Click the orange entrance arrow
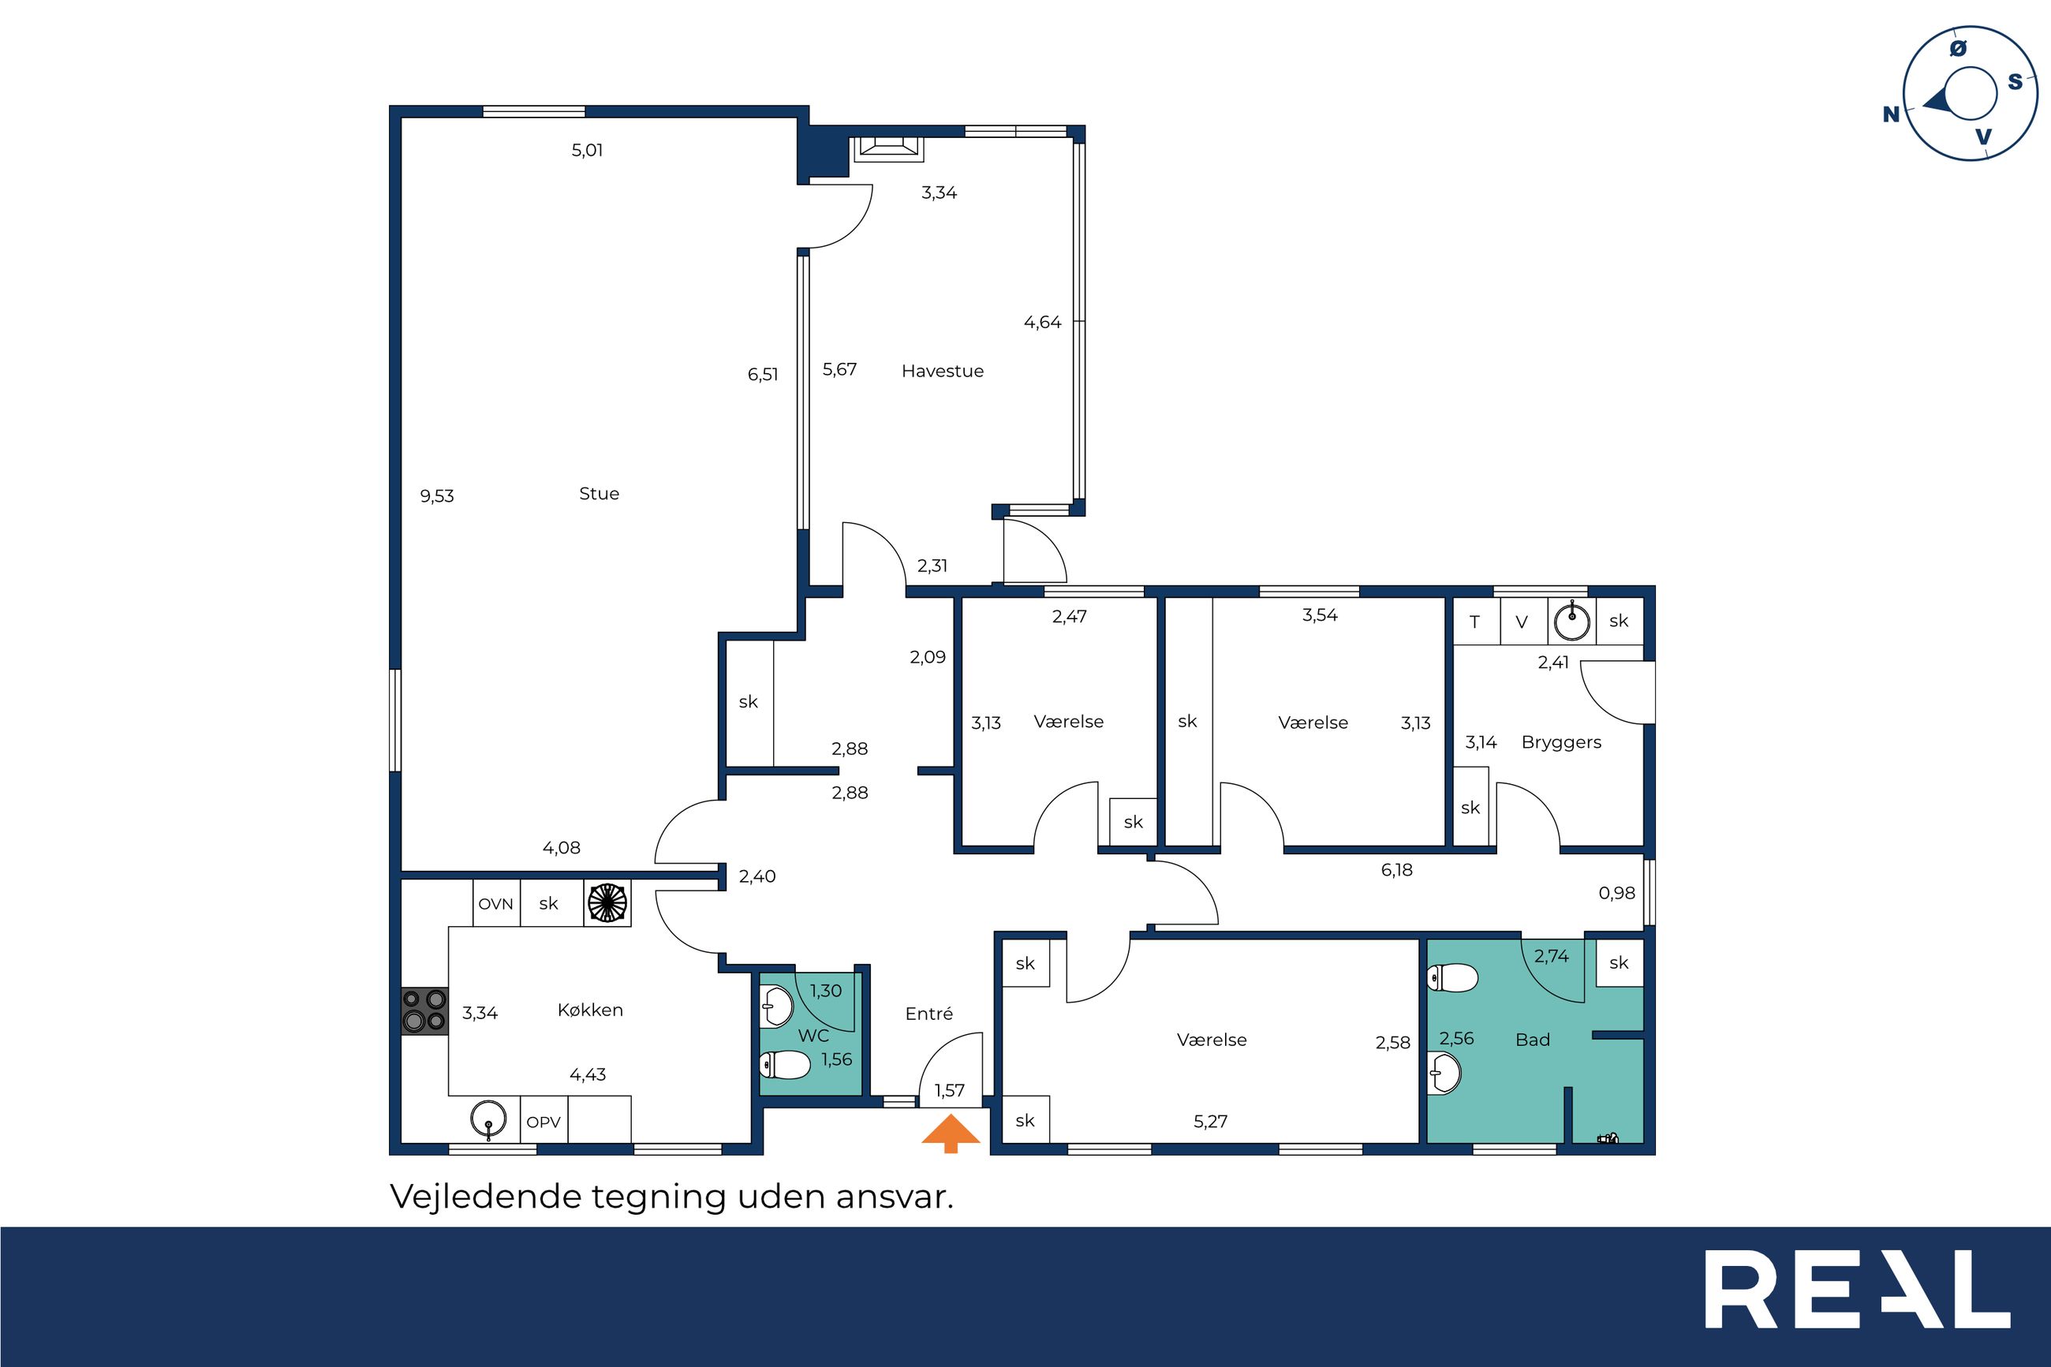[951, 1133]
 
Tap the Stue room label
[599, 494]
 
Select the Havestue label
[942, 371]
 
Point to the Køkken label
[590, 1010]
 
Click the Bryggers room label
[1561, 743]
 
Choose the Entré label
[929, 1013]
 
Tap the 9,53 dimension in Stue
[437, 496]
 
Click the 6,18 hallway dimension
[1396, 869]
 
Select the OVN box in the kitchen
[496, 903]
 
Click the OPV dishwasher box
[544, 1122]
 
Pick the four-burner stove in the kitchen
[424, 1010]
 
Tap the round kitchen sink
[488, 1119]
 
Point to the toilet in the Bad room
[1452, 977]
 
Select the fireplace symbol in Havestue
[887, 149]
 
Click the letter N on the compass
[1891, 114]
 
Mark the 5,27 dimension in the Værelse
[1210, 1122]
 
